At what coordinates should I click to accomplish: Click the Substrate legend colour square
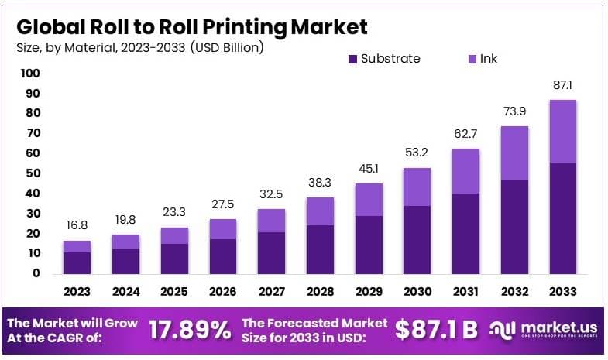click(x=353, y=59)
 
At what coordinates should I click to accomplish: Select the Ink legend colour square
click(x=471, y=59)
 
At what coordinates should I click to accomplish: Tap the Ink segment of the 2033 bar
click(x=562, y=131)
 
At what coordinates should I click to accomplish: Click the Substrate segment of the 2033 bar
click(x=562, y=218)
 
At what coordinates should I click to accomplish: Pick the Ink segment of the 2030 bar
click(x=417, y=187)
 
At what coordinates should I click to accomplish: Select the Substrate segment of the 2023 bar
click(x=77, y=262)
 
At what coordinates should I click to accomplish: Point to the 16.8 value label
click(x=77, y=226)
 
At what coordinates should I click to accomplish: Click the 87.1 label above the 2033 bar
click(x=562, y=85)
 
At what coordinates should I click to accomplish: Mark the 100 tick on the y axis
click(x=30, y=74)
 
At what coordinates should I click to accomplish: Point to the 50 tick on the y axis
click(x=33, y=173)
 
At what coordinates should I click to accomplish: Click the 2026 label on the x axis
click(x=223, y=292)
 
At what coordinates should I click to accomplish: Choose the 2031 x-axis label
click(x=465, y=292)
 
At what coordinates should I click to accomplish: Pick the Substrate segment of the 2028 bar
click(x=320, y=249)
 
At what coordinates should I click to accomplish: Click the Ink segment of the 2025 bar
click(x=174, y=235)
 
